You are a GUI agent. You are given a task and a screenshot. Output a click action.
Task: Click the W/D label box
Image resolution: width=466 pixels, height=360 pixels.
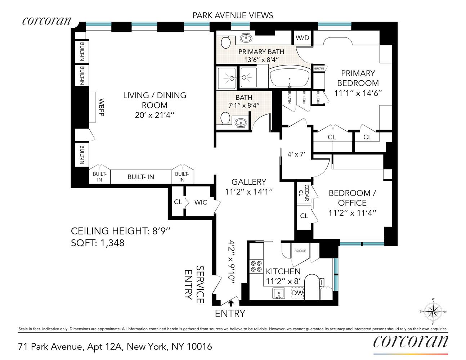(x=302, y=38)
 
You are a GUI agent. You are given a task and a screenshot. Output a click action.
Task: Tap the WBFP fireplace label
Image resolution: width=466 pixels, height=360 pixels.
(x=101, y=107)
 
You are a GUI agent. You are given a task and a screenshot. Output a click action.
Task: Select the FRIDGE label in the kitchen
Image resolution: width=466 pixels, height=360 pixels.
(x=300, y=251)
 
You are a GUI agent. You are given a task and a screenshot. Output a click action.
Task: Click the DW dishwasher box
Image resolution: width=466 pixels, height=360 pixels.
(x=297, y=293)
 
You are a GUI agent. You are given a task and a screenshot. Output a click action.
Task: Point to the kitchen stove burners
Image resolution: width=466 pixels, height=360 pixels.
(x=256, y=266)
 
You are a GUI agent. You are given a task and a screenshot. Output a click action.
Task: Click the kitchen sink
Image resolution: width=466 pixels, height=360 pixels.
(x=278, y=294)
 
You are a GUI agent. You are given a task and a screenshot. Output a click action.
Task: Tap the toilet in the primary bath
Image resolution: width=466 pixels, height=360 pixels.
(x=226, y=42)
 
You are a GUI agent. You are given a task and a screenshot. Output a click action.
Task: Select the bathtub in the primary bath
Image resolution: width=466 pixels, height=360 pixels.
(x=289, y=77)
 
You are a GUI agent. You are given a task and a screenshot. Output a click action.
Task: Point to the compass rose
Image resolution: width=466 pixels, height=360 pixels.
(x=433, y=311)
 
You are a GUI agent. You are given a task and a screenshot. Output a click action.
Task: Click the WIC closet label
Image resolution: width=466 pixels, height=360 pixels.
(x=201, y=202)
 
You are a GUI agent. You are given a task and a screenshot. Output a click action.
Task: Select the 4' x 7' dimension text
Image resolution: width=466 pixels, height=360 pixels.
(x=296, y=154)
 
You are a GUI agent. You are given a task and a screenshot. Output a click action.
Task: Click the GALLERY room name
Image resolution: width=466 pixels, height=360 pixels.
(x=248, y=182)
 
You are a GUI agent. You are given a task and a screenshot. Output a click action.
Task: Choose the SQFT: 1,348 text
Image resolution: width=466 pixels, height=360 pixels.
(x=98, y=243)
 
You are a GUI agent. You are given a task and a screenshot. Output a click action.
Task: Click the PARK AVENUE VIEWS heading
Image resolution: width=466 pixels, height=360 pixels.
(x=233, y=15)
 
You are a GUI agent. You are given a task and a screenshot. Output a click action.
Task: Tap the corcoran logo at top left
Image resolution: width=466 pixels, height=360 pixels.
(x=47, y=21)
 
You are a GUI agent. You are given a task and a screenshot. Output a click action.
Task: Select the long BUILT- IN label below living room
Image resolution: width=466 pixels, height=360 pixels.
(x=140, y=177)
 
